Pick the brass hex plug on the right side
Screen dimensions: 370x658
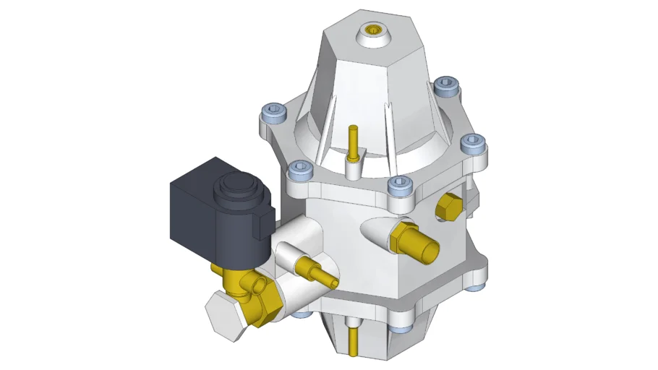[448, 207]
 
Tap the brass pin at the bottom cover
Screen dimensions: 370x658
[352, 340]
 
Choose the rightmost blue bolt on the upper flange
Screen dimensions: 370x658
[474, 144]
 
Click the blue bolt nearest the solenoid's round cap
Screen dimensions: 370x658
[299, 171]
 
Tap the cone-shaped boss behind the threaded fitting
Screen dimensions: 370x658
[376, 231]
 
